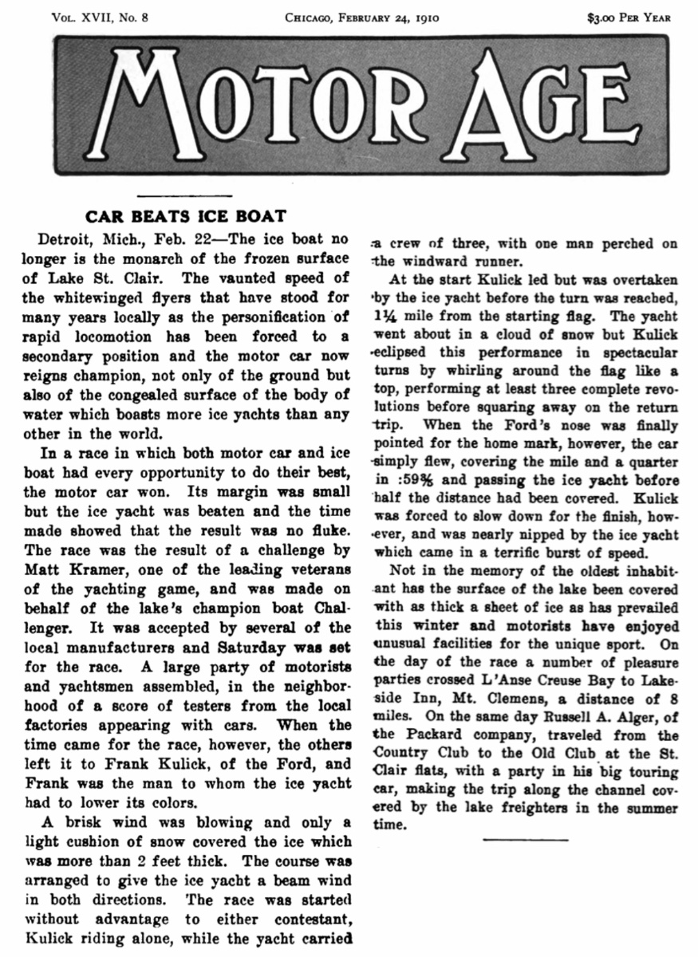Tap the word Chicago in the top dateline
[x=317, y=16]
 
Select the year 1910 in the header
[x=428, y=16]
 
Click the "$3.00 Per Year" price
[x=629, y=16]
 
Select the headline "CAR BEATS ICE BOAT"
[x=186, y=216]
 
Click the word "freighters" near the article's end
[x=546, y=809]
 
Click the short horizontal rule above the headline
[x=185, y=195]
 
